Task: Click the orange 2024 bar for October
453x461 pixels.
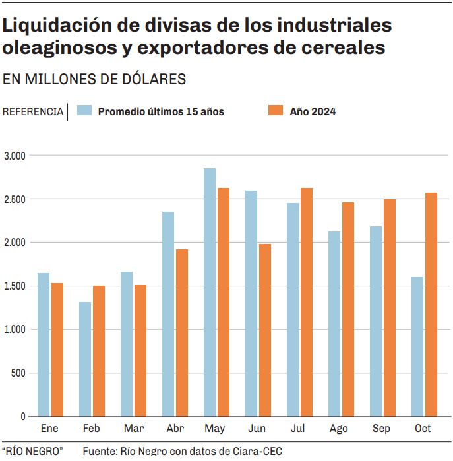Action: [x=431, y=304]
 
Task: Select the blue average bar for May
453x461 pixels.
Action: [x=210, y=292]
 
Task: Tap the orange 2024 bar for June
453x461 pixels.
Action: [x=265, y=330]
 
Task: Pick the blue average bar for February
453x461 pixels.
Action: [x=85, y=359]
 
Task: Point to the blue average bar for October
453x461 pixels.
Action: [x=417, y=346]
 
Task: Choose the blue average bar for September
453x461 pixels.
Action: [x=376, y=321]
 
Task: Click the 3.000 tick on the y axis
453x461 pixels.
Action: [x=14, y=156]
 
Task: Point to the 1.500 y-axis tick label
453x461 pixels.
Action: [x=14, y=286]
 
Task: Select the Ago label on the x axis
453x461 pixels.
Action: [x=338, y=429]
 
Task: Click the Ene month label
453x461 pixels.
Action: [x=49, y=429]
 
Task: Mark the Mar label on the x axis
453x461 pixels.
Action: [x=133, y=429]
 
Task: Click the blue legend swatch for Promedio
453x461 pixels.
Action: [x=84, y=111]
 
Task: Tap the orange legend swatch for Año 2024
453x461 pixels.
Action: [x=276, y=111]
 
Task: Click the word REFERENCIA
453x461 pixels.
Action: [x=33, y=111]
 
